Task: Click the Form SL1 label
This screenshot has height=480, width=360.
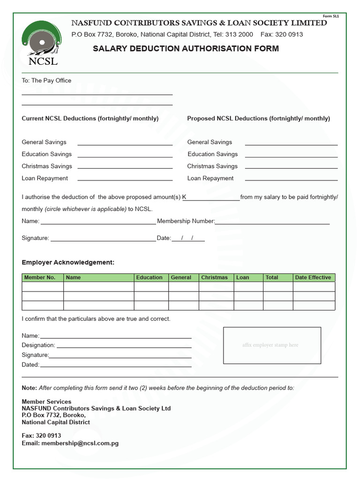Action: click(x=331, y=16)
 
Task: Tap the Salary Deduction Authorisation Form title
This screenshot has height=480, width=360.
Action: click(x=186, y=49)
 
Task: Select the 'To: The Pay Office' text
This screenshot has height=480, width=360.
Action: click(x=46, y=81)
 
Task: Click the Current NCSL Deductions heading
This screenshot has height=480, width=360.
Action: click(x=90, y=119)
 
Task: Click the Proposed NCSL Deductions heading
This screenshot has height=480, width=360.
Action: click(x=258, y=119)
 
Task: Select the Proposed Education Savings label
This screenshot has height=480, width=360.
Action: click(x=212, y=154)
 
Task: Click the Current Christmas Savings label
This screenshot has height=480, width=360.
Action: click(x=47, y=166)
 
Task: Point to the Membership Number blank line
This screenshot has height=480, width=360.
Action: click(x=272, y=223)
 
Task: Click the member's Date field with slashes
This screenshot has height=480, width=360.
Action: click(x=188, y=239)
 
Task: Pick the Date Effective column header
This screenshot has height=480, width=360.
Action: click(x=313, y=277)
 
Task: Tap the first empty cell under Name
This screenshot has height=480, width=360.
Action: click(x=98, y=286)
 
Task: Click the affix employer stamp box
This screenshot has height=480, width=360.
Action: click(x=272, y=345)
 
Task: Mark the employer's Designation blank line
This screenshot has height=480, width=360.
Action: click(x=124, y=346)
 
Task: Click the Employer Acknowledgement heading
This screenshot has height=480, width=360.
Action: click(x=68, y=262)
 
